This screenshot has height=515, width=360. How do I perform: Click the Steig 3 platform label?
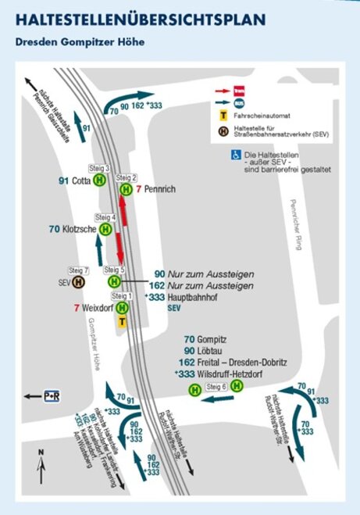102,168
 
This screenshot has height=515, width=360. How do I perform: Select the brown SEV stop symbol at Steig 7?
78,282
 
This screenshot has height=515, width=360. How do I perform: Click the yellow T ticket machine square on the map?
122,321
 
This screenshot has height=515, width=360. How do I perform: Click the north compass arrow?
41,471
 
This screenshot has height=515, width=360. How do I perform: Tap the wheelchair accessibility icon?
235,156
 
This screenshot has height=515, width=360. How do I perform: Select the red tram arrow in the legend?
223,91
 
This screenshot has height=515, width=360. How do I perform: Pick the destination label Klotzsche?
80,229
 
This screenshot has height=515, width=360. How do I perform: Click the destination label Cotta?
80,181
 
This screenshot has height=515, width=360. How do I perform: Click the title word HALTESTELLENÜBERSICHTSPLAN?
140,19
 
